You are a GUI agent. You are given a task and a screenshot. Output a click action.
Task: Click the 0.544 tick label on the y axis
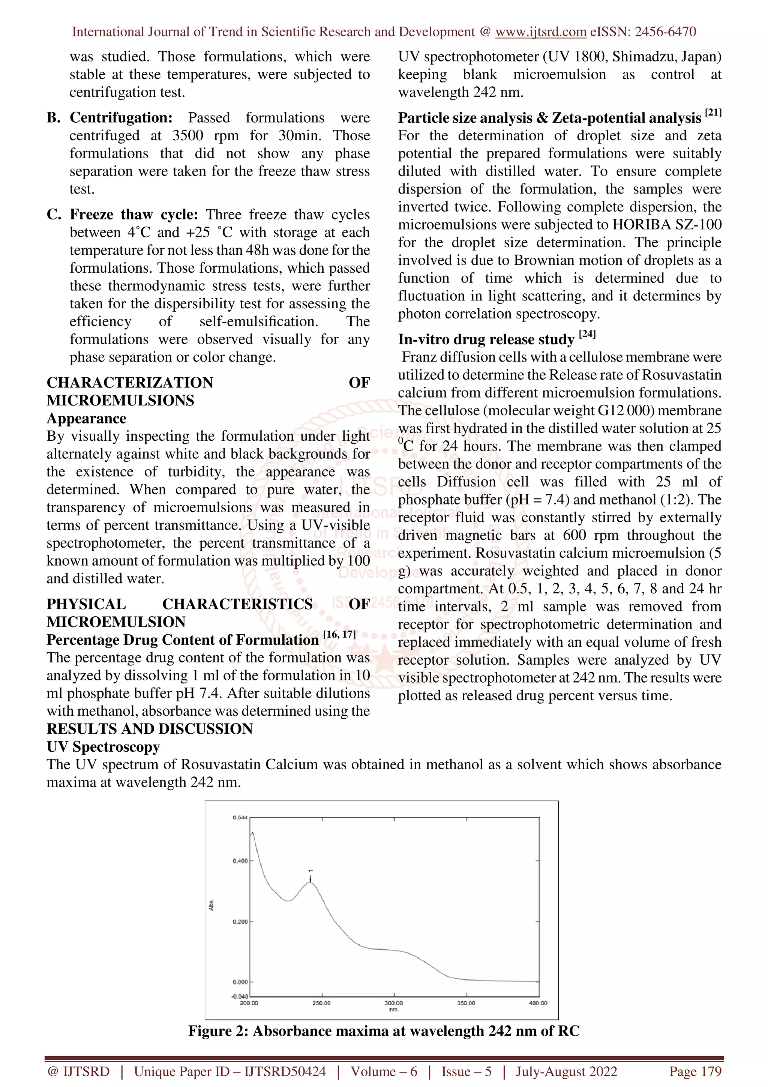[240, 818]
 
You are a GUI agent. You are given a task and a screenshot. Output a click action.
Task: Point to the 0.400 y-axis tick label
[240, 861]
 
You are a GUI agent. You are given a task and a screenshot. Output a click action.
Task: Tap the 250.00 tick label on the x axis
[321, 1003]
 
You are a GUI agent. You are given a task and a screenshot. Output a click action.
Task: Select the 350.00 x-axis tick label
[466, 1003]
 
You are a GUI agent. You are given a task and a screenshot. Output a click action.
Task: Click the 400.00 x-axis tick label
[538, 1003]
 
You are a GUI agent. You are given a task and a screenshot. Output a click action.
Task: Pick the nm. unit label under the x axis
[394, 1009]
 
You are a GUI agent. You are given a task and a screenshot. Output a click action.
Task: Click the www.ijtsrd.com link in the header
[541, 32]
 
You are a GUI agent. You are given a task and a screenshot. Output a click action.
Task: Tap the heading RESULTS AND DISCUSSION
[150, 729]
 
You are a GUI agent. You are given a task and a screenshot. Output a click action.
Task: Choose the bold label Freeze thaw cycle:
[134, 215]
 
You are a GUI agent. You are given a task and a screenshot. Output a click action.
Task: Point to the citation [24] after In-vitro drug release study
[587, 334]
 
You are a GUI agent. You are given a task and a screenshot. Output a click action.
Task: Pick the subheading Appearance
[87, 419]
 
